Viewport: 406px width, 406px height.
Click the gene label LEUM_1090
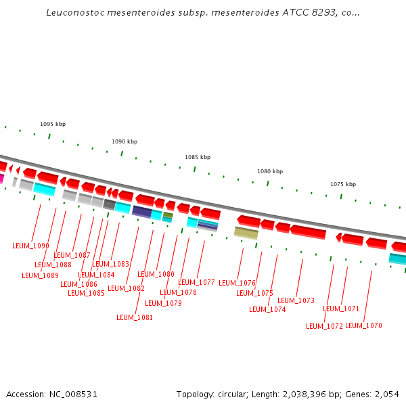(30, 246)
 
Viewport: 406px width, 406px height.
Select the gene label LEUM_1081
(135, 317)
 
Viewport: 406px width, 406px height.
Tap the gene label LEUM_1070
(363, 325)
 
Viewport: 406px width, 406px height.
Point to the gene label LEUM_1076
(237, 283)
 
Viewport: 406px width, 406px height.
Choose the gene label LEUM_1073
(296, 300)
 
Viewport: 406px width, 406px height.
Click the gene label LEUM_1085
(86, 293)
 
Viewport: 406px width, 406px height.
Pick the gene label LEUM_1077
(196, 282)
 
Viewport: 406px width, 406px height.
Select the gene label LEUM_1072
(324, 326)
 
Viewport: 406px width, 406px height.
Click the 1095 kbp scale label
(53, 124)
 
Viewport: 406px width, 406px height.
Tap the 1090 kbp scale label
(125, 141)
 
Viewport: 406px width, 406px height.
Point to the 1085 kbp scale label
(198, 157)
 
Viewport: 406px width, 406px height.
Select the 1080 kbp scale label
(270, 171)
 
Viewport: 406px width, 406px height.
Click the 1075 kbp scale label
(343, 184)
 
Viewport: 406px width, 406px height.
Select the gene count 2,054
(386, 394)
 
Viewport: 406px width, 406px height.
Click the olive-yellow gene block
(246, 232)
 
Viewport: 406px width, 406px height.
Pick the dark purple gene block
(141, 211)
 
